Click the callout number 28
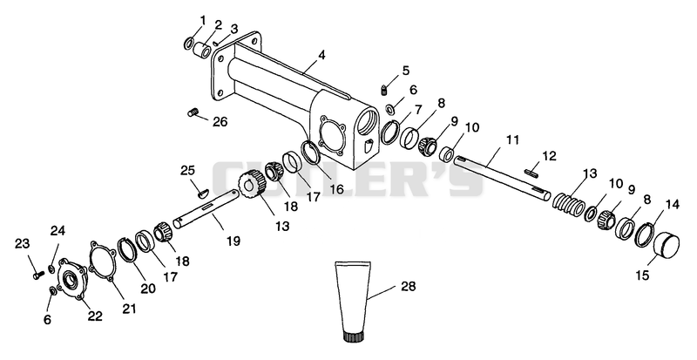coord(408,286)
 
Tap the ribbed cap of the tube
coord(355,336)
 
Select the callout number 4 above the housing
coord(321,55)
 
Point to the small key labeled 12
coord(532,171)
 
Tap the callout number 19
coord(233,241)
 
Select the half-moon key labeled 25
coord(204,193)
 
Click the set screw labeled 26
coord(193,112)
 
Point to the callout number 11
coord(512,140)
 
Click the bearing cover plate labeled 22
coord(72,279)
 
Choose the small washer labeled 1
coord(189,44)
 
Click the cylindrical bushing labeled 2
coord(203,50)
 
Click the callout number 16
coord(336,189)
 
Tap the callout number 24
coord(58,230)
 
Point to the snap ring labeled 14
coord(645,234)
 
